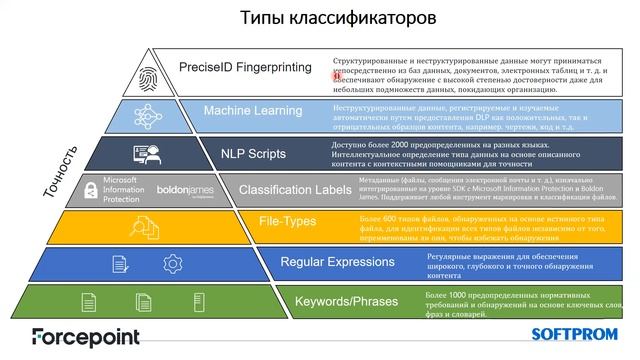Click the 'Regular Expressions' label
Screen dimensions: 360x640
click(x=330, y=262)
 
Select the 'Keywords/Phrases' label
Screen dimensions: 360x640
click(x=346, y=300)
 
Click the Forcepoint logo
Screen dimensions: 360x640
click(x=85, y=337)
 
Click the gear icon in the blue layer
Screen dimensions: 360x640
click(x=172, y=264)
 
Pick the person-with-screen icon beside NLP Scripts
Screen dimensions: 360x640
click(x=145, y=155)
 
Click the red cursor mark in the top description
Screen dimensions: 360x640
click(x=338, y=73)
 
